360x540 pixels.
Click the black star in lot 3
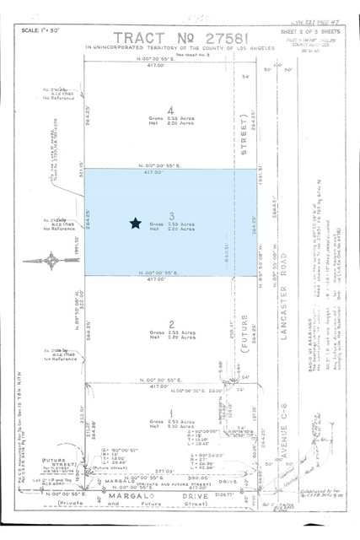click(x=135, y=223)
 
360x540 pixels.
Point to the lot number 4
click(x=171, y=111)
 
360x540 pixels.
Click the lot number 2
click(x=170, y=323)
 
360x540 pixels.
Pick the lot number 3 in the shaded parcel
click(x=170, y=215)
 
